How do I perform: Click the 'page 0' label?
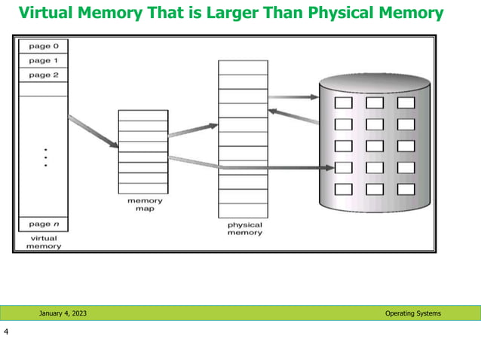(39, 47)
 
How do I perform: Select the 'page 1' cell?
(39, 60)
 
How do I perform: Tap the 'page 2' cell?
(39, 75)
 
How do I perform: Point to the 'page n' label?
(39, 224)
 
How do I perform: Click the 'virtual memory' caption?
(43, 242)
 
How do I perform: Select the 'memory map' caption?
(145, 204)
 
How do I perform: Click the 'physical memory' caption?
(244, 228)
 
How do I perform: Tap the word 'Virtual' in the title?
(46, 13)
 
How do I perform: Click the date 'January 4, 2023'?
(63, 313)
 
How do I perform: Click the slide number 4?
(6, 332)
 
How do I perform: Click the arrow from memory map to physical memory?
(193, 130)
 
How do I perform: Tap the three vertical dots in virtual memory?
(45, 157)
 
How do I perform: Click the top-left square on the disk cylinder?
(343, 102)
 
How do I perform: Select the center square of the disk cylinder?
(375, 145)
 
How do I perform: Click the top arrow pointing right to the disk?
(294, 96)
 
